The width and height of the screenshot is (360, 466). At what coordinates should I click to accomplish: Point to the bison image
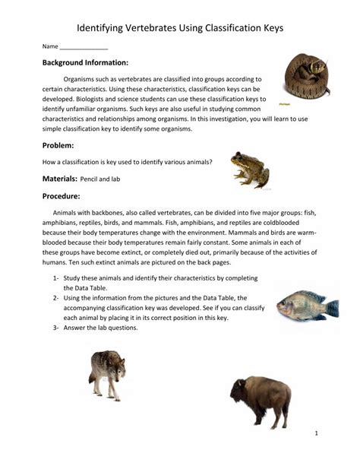coord(261,400)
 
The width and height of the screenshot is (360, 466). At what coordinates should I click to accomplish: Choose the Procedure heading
coord(63,196)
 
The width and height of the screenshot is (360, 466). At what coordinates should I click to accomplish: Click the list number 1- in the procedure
coord(57,278)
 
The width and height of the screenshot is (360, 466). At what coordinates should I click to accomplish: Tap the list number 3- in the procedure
coord(57,328)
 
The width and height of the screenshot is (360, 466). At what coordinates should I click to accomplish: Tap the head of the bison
coord(239,395)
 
